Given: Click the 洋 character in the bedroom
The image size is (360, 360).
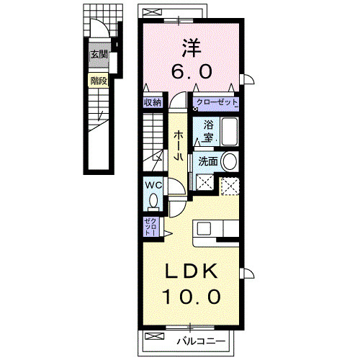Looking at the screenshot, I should pos(191,48).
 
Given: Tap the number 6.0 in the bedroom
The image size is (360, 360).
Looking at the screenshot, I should pos(191,71).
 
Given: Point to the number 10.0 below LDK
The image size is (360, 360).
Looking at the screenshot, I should pos(191,295).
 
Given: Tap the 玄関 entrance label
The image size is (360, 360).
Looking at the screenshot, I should pos(99,54).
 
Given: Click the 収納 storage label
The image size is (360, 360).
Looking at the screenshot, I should pos(152,102).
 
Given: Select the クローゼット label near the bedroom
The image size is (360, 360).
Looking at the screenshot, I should pos(215,102).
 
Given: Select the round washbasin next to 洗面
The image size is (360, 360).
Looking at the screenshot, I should pos(230,161).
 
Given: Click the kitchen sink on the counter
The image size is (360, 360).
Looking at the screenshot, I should pos(204,229).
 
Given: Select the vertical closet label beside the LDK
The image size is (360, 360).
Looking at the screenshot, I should pos(148,227).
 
